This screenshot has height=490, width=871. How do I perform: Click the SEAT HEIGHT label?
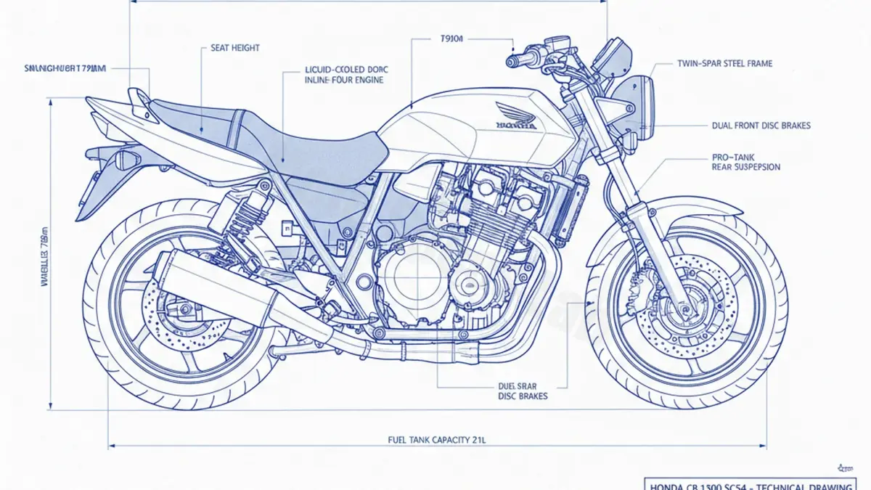[234, 48]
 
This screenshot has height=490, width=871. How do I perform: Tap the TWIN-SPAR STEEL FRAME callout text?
[724, 64]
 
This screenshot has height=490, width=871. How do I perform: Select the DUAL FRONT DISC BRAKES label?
[761, 126]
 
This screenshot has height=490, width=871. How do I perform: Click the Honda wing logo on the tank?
[517, 116]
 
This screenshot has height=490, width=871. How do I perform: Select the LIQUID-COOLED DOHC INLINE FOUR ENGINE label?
[346, 75]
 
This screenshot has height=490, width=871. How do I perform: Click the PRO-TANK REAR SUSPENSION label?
[745, 162]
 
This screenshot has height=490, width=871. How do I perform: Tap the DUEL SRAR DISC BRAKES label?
[523, 391]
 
